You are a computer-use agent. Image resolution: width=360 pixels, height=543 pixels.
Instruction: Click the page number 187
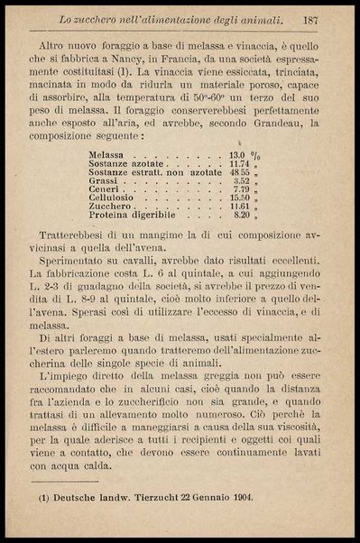tap(314, 19)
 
